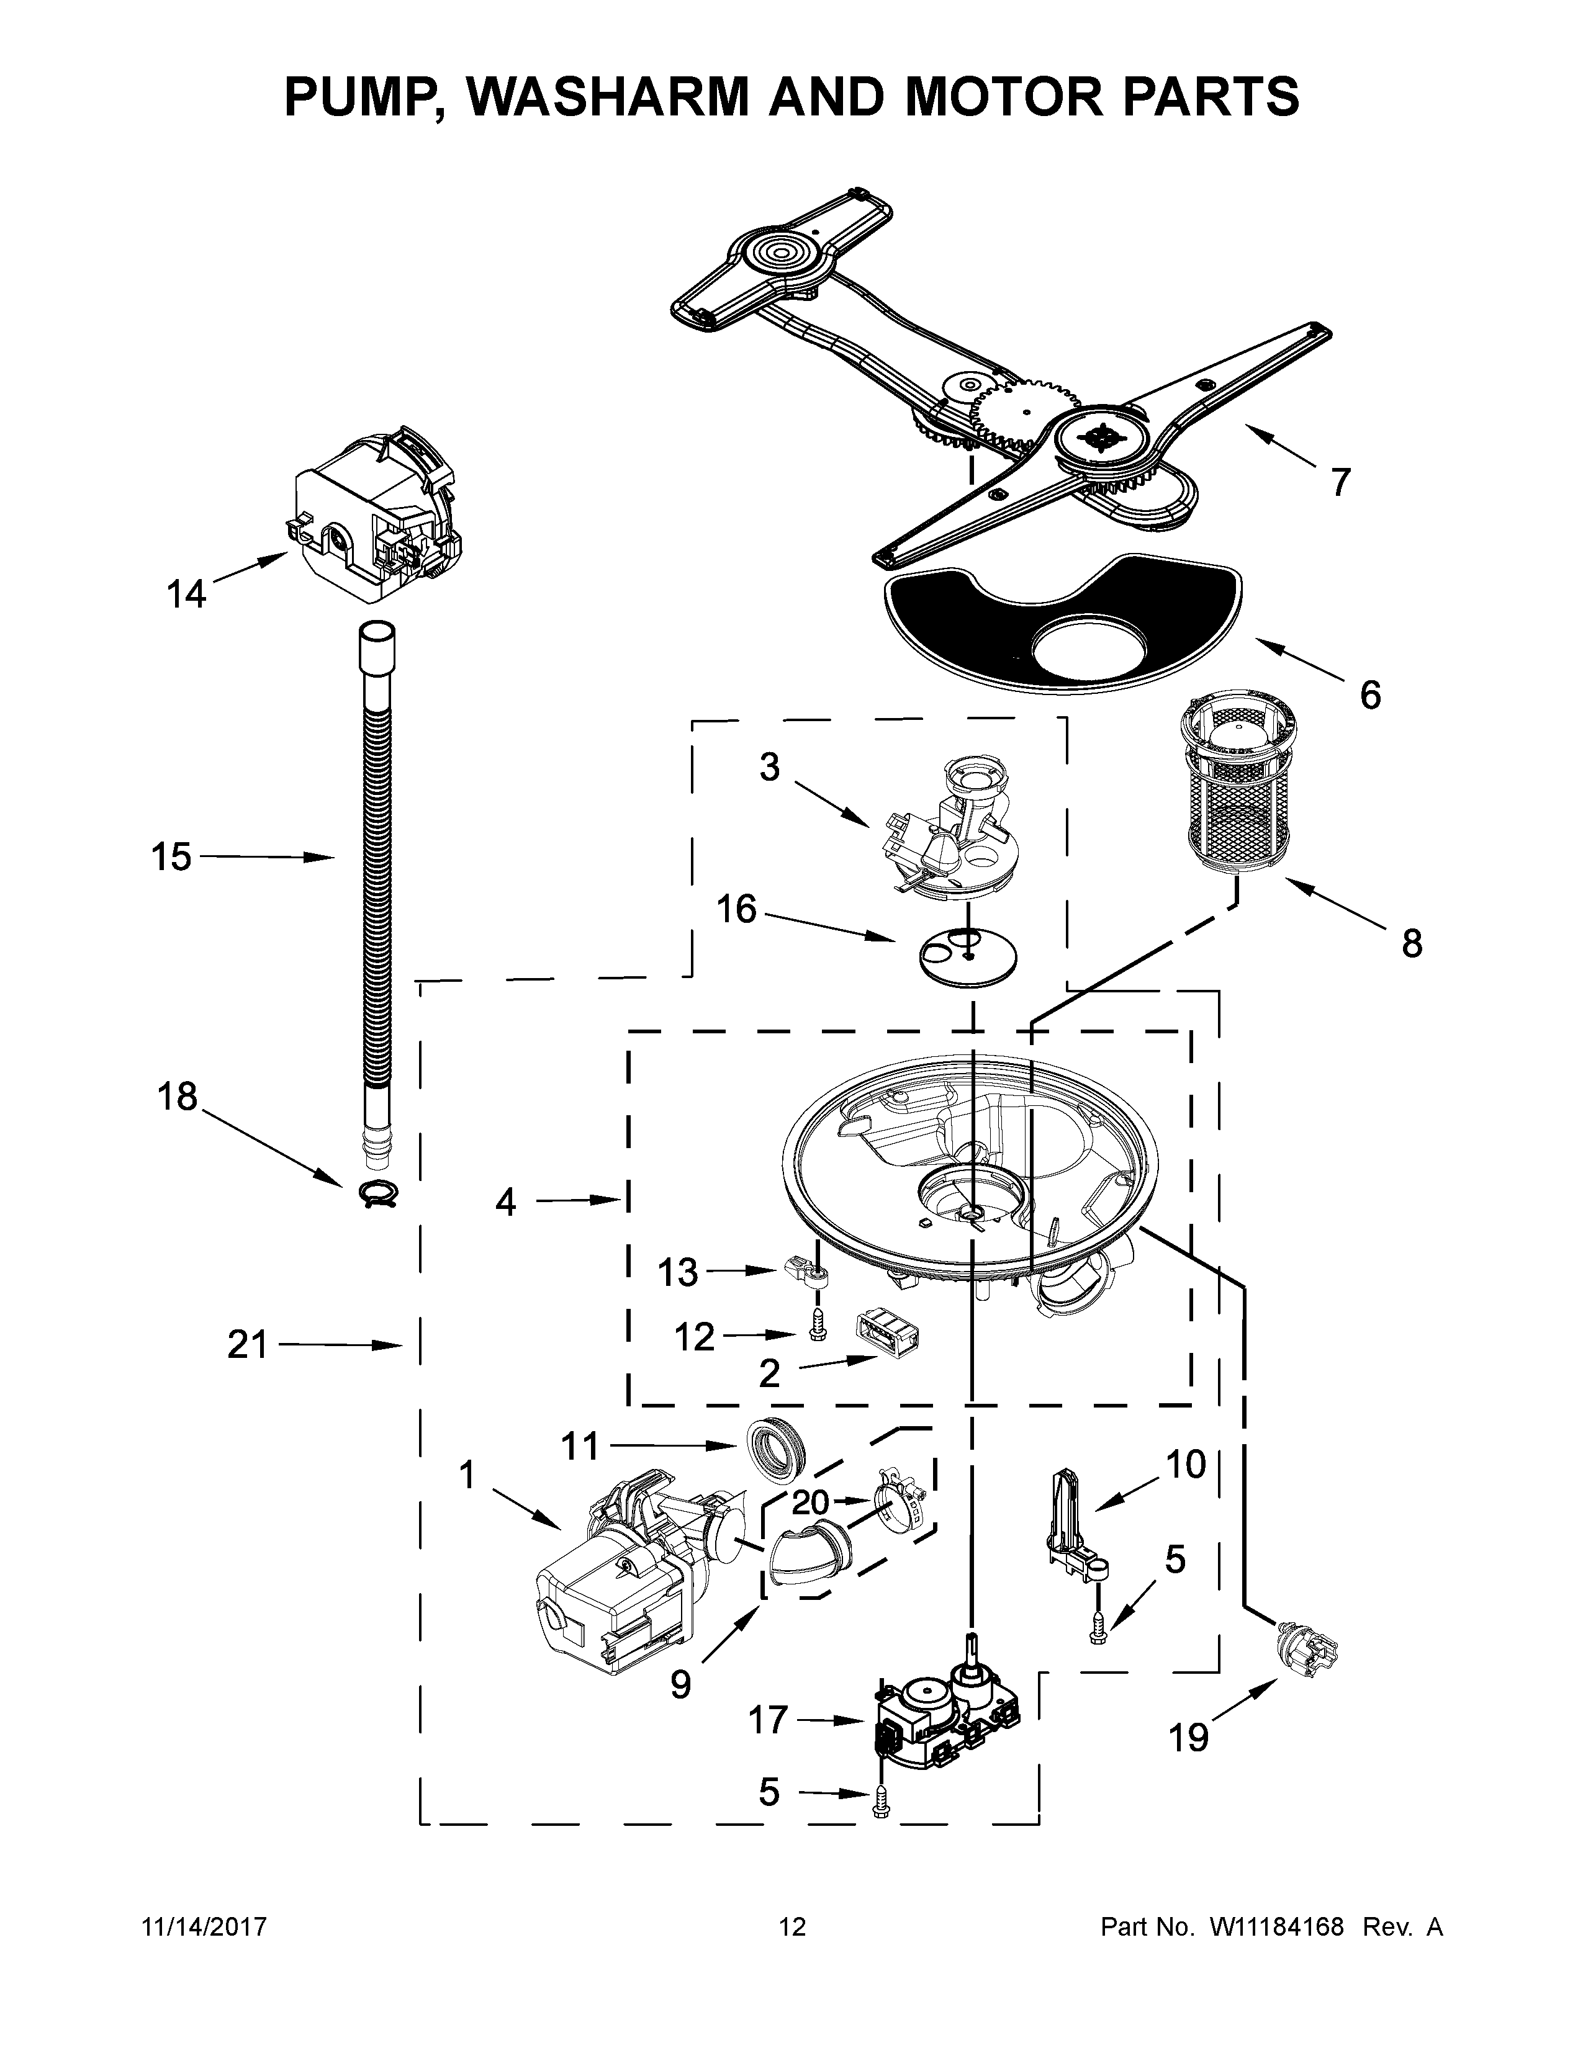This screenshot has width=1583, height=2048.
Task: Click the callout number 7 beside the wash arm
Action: coord(1340,482)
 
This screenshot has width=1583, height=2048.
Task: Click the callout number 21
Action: coord(248,1345)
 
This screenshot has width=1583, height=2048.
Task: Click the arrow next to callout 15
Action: coord(268,856)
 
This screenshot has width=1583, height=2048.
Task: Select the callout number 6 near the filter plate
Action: coord(1369,695)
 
